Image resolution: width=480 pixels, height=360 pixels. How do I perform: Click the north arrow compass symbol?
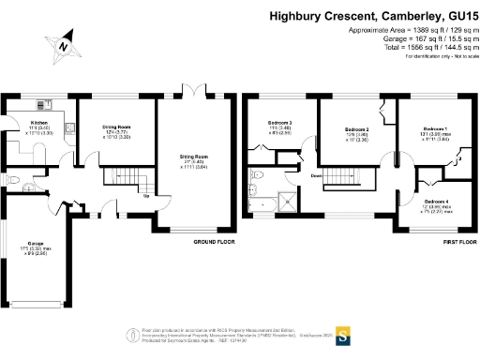(63, 46)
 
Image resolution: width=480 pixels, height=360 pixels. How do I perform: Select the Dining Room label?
(116, 127)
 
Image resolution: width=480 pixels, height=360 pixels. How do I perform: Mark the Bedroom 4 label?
(436, 202)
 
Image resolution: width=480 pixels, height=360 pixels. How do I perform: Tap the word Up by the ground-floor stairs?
(145, 196)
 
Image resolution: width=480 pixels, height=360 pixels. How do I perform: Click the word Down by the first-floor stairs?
(317, 176)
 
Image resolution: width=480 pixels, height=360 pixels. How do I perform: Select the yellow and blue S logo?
(343, 332)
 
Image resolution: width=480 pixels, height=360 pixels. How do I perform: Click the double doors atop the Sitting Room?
(193, 91)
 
